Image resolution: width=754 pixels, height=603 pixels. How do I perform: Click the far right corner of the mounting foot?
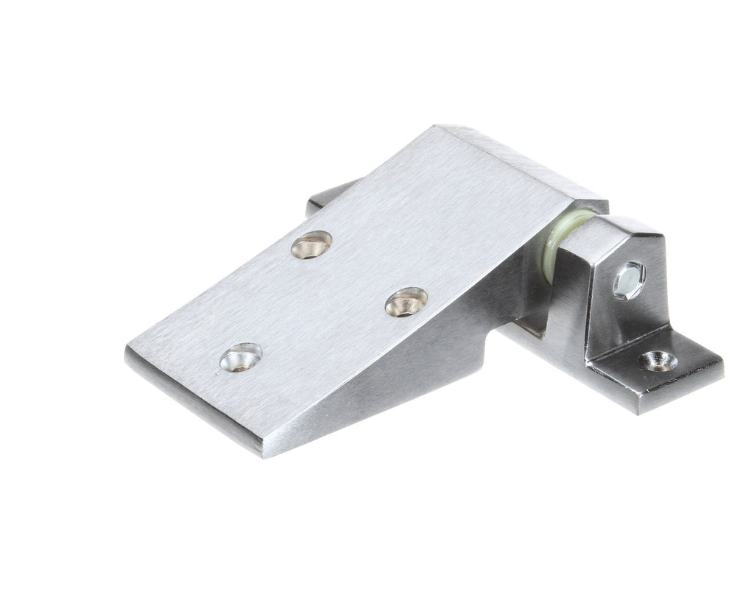(722, 375)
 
